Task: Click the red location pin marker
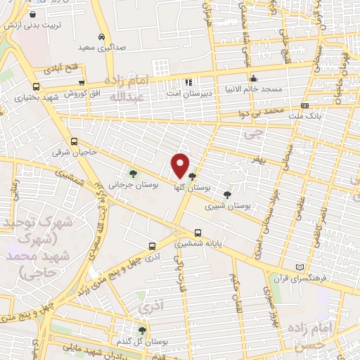tap(180, 165)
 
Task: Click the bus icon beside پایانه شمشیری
tap(198, 233)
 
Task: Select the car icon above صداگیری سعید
tap(102, 37)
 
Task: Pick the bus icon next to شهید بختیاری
tap(36, 86)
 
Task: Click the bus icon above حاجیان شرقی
tap(74, 141)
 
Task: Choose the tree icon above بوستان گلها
tap(192, 176)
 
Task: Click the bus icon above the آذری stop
tap(152, 246)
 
